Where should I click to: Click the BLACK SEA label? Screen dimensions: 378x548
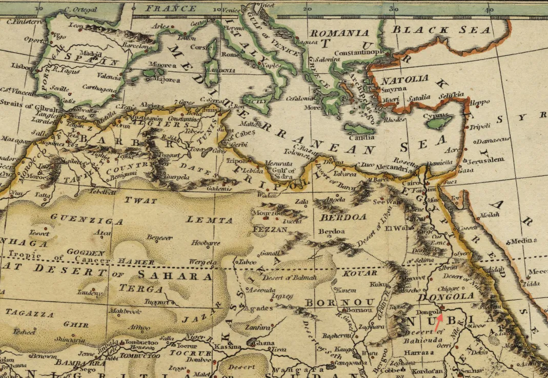point(441,30)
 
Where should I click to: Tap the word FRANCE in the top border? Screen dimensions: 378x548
point(171,8)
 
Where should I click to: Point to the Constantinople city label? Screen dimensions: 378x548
point(359,53)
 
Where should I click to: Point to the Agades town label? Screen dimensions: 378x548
point(258,309)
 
